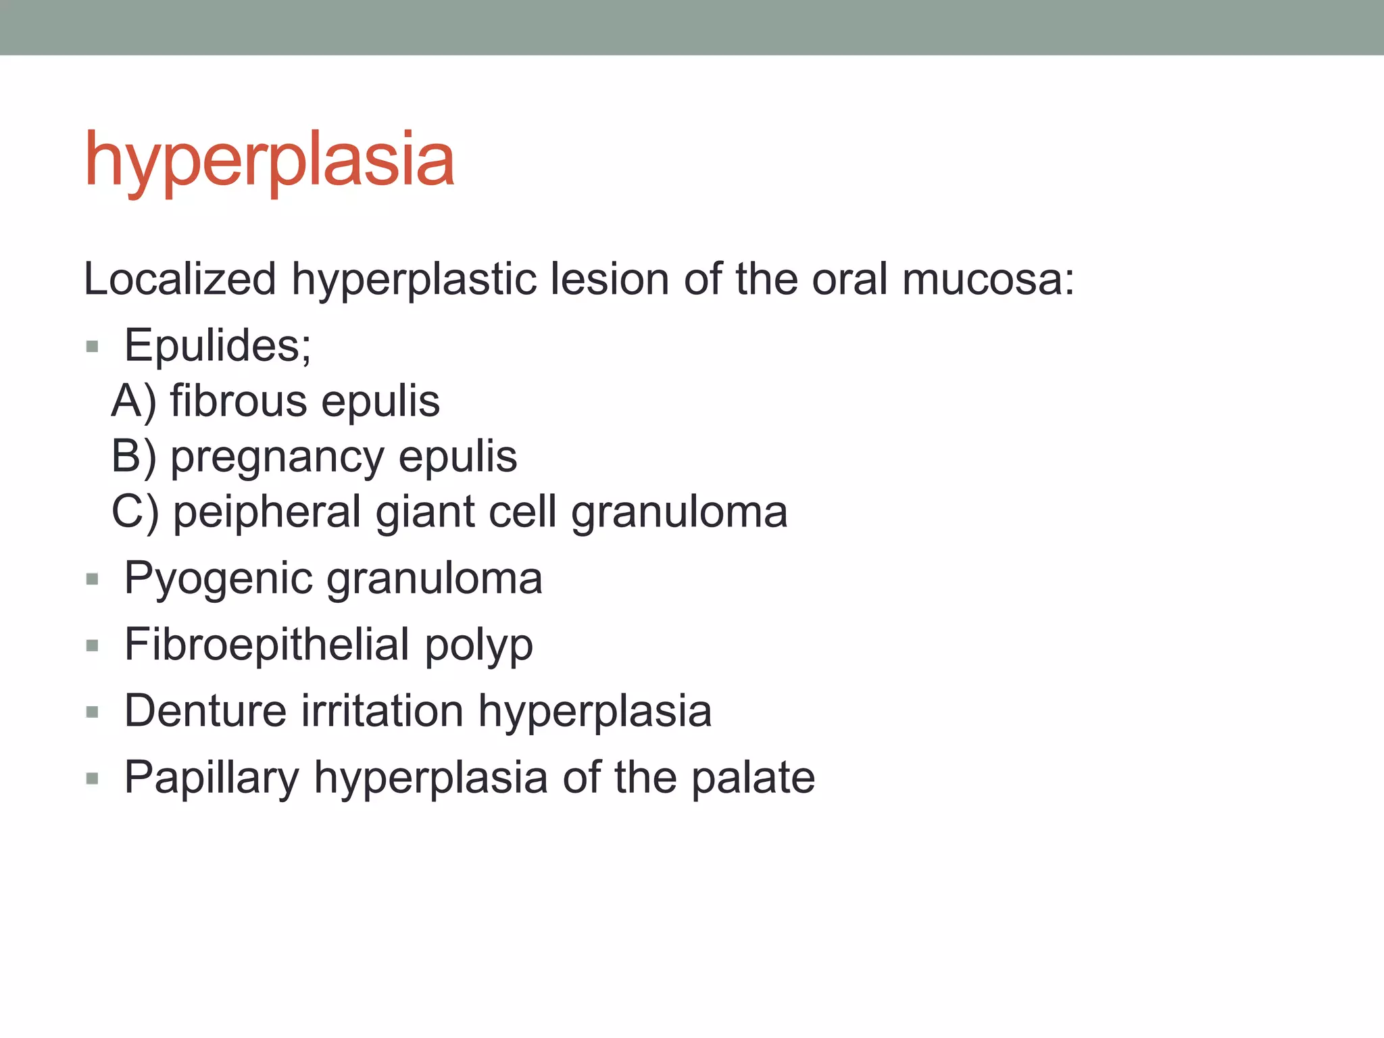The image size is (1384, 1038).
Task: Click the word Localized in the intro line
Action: [180, 279]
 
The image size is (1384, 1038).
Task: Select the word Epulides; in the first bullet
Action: [218, 345]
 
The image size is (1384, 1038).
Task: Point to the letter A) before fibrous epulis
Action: [134, 401]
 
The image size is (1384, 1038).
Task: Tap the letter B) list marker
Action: [134, 457]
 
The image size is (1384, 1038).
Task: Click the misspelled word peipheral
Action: [267, 513]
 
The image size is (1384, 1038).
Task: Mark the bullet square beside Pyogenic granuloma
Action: [93, 579]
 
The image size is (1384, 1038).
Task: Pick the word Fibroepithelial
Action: [267, 645]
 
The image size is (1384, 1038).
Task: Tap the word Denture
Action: [205, 711]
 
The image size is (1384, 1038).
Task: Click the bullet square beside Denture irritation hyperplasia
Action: [93, 712]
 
